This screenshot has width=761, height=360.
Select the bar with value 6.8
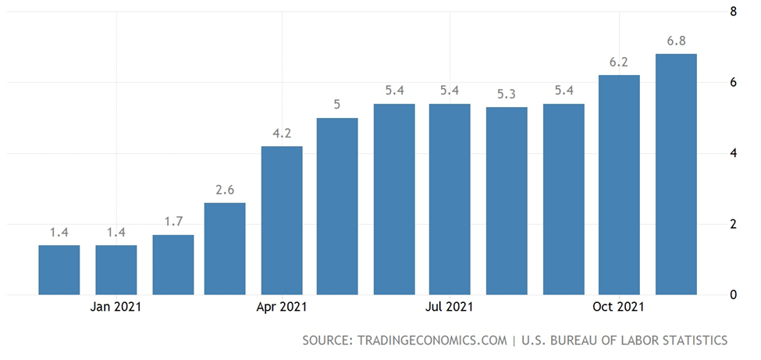coord(676,174)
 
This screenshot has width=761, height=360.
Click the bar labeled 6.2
coord(619,185)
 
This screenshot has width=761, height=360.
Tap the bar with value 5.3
coord(507,201)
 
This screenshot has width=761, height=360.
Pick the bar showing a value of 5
coord(337,206)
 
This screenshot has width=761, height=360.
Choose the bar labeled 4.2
coord(281,220)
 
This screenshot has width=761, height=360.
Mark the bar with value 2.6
coord(225,248)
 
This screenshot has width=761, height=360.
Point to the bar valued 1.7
coord(172,265)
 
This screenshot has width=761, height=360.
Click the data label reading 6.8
coord(676,40)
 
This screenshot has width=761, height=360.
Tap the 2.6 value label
coord(225,189)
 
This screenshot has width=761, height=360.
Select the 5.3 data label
coord(507,94)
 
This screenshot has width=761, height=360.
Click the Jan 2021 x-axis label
coord(116,308)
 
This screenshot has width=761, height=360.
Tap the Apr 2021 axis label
coord(282,308)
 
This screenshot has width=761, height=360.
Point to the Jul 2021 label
coord(450,308)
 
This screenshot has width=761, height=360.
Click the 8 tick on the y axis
coord(733,12)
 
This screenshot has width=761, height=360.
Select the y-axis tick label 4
coord(733,153)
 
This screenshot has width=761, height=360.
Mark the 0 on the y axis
coord(733,295)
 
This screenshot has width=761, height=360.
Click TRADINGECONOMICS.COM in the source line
coord(431,340)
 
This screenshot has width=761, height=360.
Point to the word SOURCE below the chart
coord(326,340)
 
